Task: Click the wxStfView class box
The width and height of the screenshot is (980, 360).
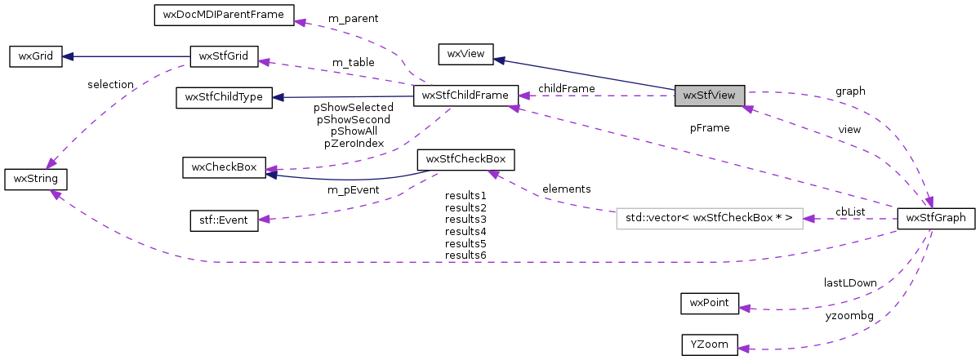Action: point(710,96)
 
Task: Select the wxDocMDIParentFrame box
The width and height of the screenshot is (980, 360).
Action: point(219,15)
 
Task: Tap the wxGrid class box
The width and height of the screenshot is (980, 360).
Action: point(35,57)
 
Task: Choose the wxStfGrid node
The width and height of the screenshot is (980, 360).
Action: point(224,57)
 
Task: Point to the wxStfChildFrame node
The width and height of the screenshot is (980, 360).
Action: point(465,96)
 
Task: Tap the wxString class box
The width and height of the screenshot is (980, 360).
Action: point(35,178)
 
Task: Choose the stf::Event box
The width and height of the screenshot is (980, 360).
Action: point(224,220)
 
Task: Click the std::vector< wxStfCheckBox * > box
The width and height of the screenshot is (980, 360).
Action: point(710,218)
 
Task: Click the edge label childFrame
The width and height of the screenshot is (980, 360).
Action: point(566,88)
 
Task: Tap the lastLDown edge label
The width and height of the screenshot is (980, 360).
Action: point(849,282)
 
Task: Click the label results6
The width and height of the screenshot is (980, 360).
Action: point(465,256)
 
